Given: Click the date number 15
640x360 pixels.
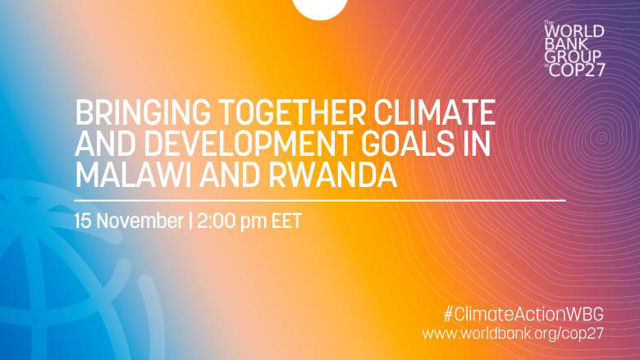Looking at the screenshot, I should [83, 221].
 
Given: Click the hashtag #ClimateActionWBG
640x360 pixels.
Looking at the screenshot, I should [526, 314].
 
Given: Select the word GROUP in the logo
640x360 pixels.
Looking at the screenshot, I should [574, 58].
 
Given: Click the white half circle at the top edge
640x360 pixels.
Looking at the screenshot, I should [320, 7].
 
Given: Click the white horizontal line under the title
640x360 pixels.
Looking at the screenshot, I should [319, 199].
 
